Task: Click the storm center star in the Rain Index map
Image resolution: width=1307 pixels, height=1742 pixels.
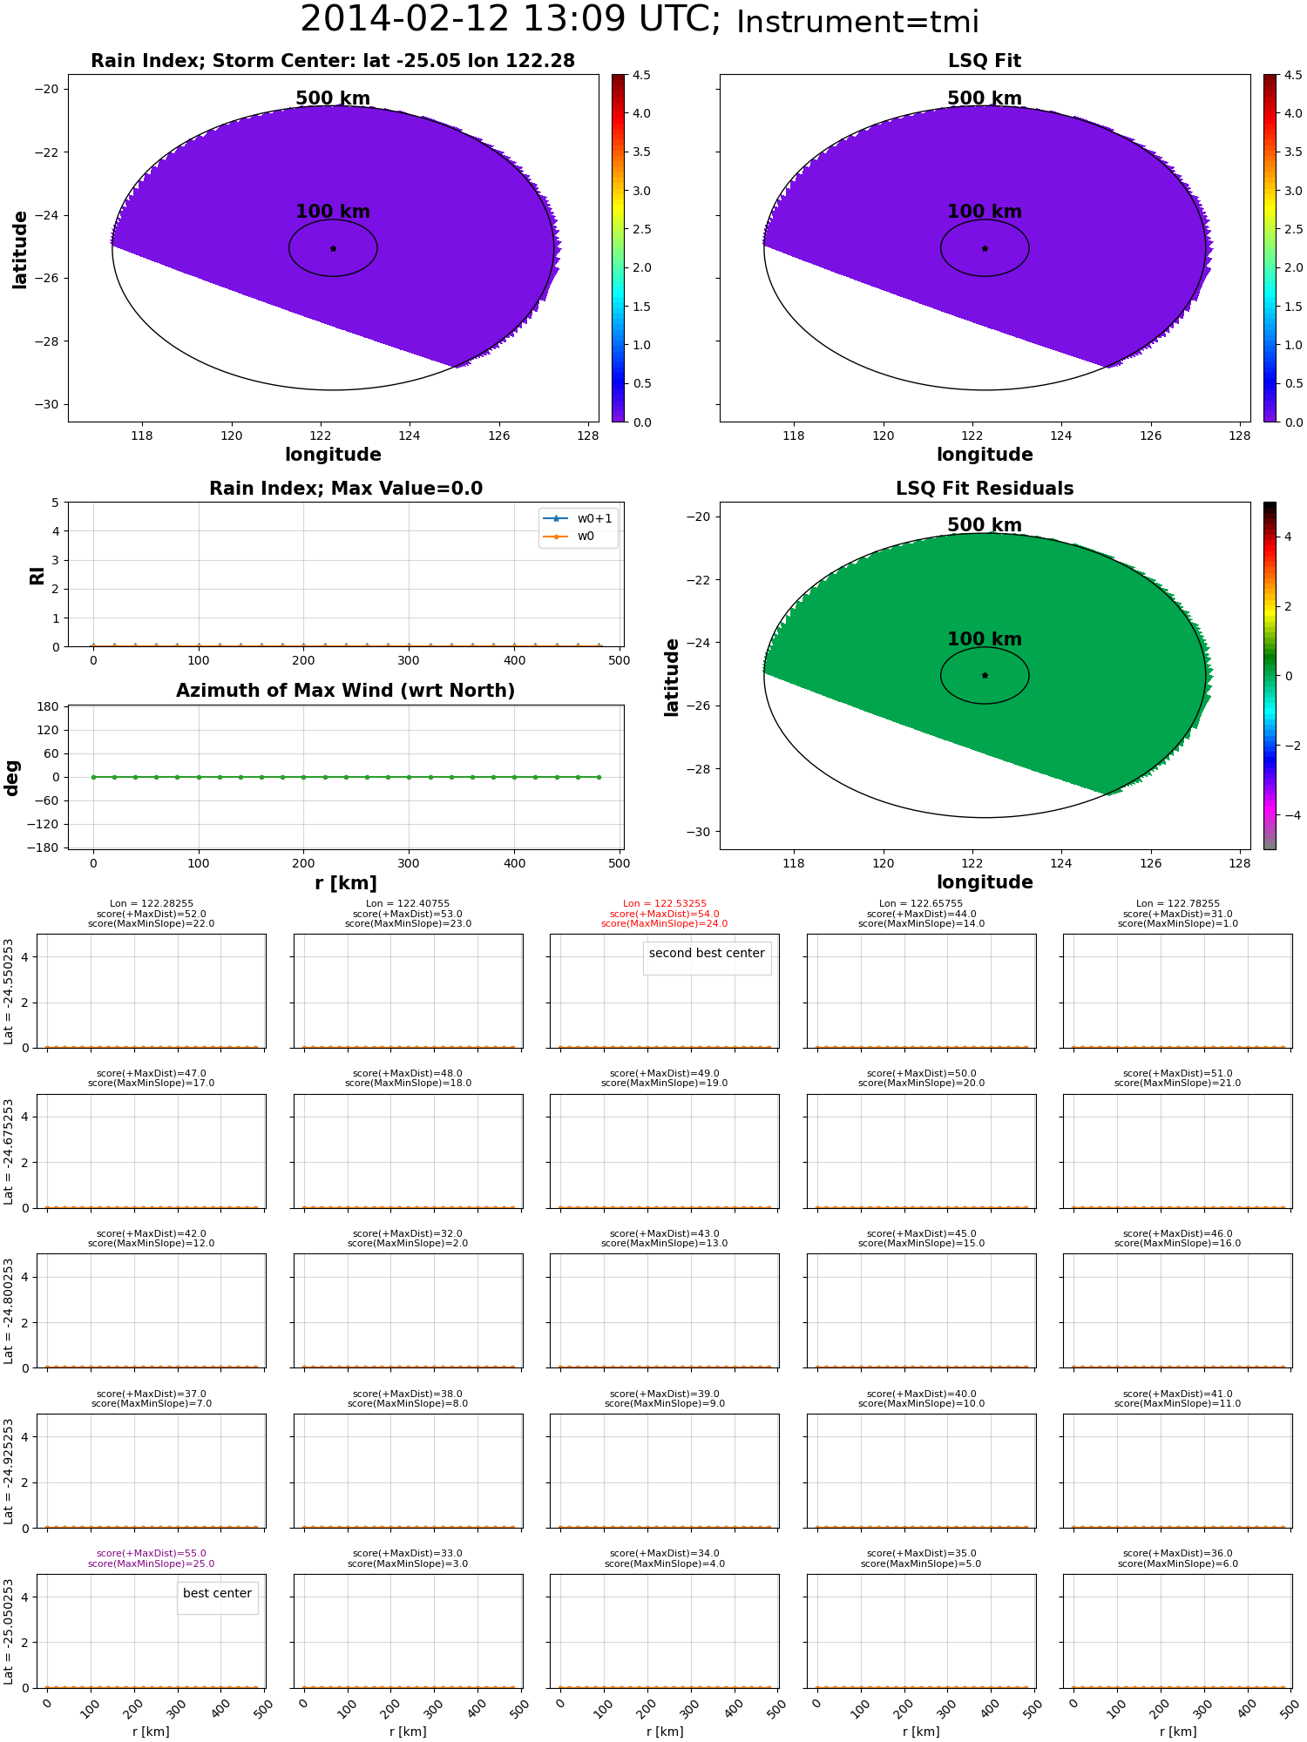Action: coord(333,248)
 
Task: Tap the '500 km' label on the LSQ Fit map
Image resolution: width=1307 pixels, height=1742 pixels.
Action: coord(985,98)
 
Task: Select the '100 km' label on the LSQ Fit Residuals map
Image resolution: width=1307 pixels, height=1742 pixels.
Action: coord(985,639)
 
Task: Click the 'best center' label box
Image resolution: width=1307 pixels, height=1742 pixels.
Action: coord(217,1593)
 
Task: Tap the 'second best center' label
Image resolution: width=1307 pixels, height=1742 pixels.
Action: coord(707,953)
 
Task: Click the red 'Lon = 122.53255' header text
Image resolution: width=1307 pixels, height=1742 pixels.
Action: coord(665,904)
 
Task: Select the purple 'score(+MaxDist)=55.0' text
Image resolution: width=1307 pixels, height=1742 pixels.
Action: coord(152,1553)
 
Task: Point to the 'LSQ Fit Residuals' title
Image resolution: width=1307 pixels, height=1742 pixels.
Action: coord(985,489)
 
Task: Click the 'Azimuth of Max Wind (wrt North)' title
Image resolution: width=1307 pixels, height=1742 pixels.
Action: coord(346,691)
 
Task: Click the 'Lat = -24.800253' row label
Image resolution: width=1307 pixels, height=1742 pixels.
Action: coord(9,1311)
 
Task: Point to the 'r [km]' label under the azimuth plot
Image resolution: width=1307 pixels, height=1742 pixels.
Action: coord(346,883)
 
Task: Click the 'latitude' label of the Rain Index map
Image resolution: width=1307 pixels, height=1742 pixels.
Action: coord(19,249)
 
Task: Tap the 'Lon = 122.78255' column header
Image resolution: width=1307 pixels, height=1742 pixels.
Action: coord(1178,904)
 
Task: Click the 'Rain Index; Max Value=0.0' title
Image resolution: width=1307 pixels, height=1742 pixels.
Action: coord(346,489)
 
